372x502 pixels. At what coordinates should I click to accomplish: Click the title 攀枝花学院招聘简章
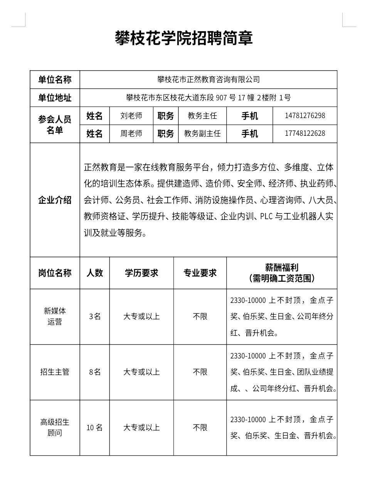[184, 39]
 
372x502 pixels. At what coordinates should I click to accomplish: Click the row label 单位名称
[55, 80]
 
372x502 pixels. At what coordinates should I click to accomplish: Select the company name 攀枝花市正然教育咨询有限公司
[208, 80]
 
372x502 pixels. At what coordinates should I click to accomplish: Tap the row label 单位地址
[55, 98]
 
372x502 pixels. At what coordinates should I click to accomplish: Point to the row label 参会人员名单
[55, 125]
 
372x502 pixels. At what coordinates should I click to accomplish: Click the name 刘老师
[131, 116]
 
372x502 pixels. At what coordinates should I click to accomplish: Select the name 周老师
[131, 134]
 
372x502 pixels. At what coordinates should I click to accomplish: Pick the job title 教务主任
[202, 116]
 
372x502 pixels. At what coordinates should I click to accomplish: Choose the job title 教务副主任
[202, 134]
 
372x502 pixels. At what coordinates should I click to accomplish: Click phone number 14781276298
[305, 116]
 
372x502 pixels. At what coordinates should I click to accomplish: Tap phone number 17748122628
[305, 134]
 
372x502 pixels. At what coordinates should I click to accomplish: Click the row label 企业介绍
[55, 200]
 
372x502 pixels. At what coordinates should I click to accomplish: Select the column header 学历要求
[141, 273]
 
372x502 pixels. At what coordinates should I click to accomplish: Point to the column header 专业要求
[200, 273]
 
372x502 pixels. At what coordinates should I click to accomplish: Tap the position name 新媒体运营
[55, 316]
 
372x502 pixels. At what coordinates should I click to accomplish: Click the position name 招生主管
[55, 372]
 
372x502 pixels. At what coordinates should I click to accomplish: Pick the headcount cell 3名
[95, 316]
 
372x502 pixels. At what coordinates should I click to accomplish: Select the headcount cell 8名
[95, 372]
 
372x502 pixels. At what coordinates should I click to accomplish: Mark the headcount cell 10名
[95, 428]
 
